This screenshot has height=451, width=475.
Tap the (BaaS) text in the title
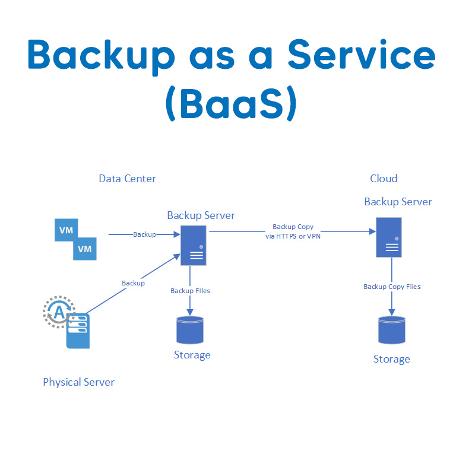pyautogui.click(x=231, y=105)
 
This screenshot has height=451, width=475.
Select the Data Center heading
pyautogui.click(x=127, y=179)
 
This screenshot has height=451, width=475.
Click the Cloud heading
pyautogui.click(x=384, y=179)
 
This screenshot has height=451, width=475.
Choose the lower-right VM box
pyautogui.click(x=85, y=249)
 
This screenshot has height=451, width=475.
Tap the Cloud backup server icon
pyautogui.click(x=389, y=237)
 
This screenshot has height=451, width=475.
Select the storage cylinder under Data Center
pyautogui.click(x=190, y=330)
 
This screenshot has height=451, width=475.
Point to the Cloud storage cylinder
pyautogui.click(x=391, y=330)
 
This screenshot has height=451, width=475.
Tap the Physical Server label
pyautogui.click(x=78, y=382)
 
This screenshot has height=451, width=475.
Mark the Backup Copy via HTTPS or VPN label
pyautogui.click(x=293, y=231)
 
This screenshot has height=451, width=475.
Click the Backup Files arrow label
pyautogui.click(x=190, y=291)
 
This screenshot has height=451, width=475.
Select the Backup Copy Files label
pyautogui.click(x=392, y=287)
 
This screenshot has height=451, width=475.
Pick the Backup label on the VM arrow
pyautogui.click(x=144, y=234)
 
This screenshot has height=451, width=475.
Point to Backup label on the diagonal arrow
pyautogui.click(x=133, y=283)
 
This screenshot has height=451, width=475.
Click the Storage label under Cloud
pyautogui.click(x=391, y=359)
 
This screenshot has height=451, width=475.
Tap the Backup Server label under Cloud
pyautogui.click(x=398, y=202)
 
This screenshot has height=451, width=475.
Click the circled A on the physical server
pyautogui.click(x=58, y=312)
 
